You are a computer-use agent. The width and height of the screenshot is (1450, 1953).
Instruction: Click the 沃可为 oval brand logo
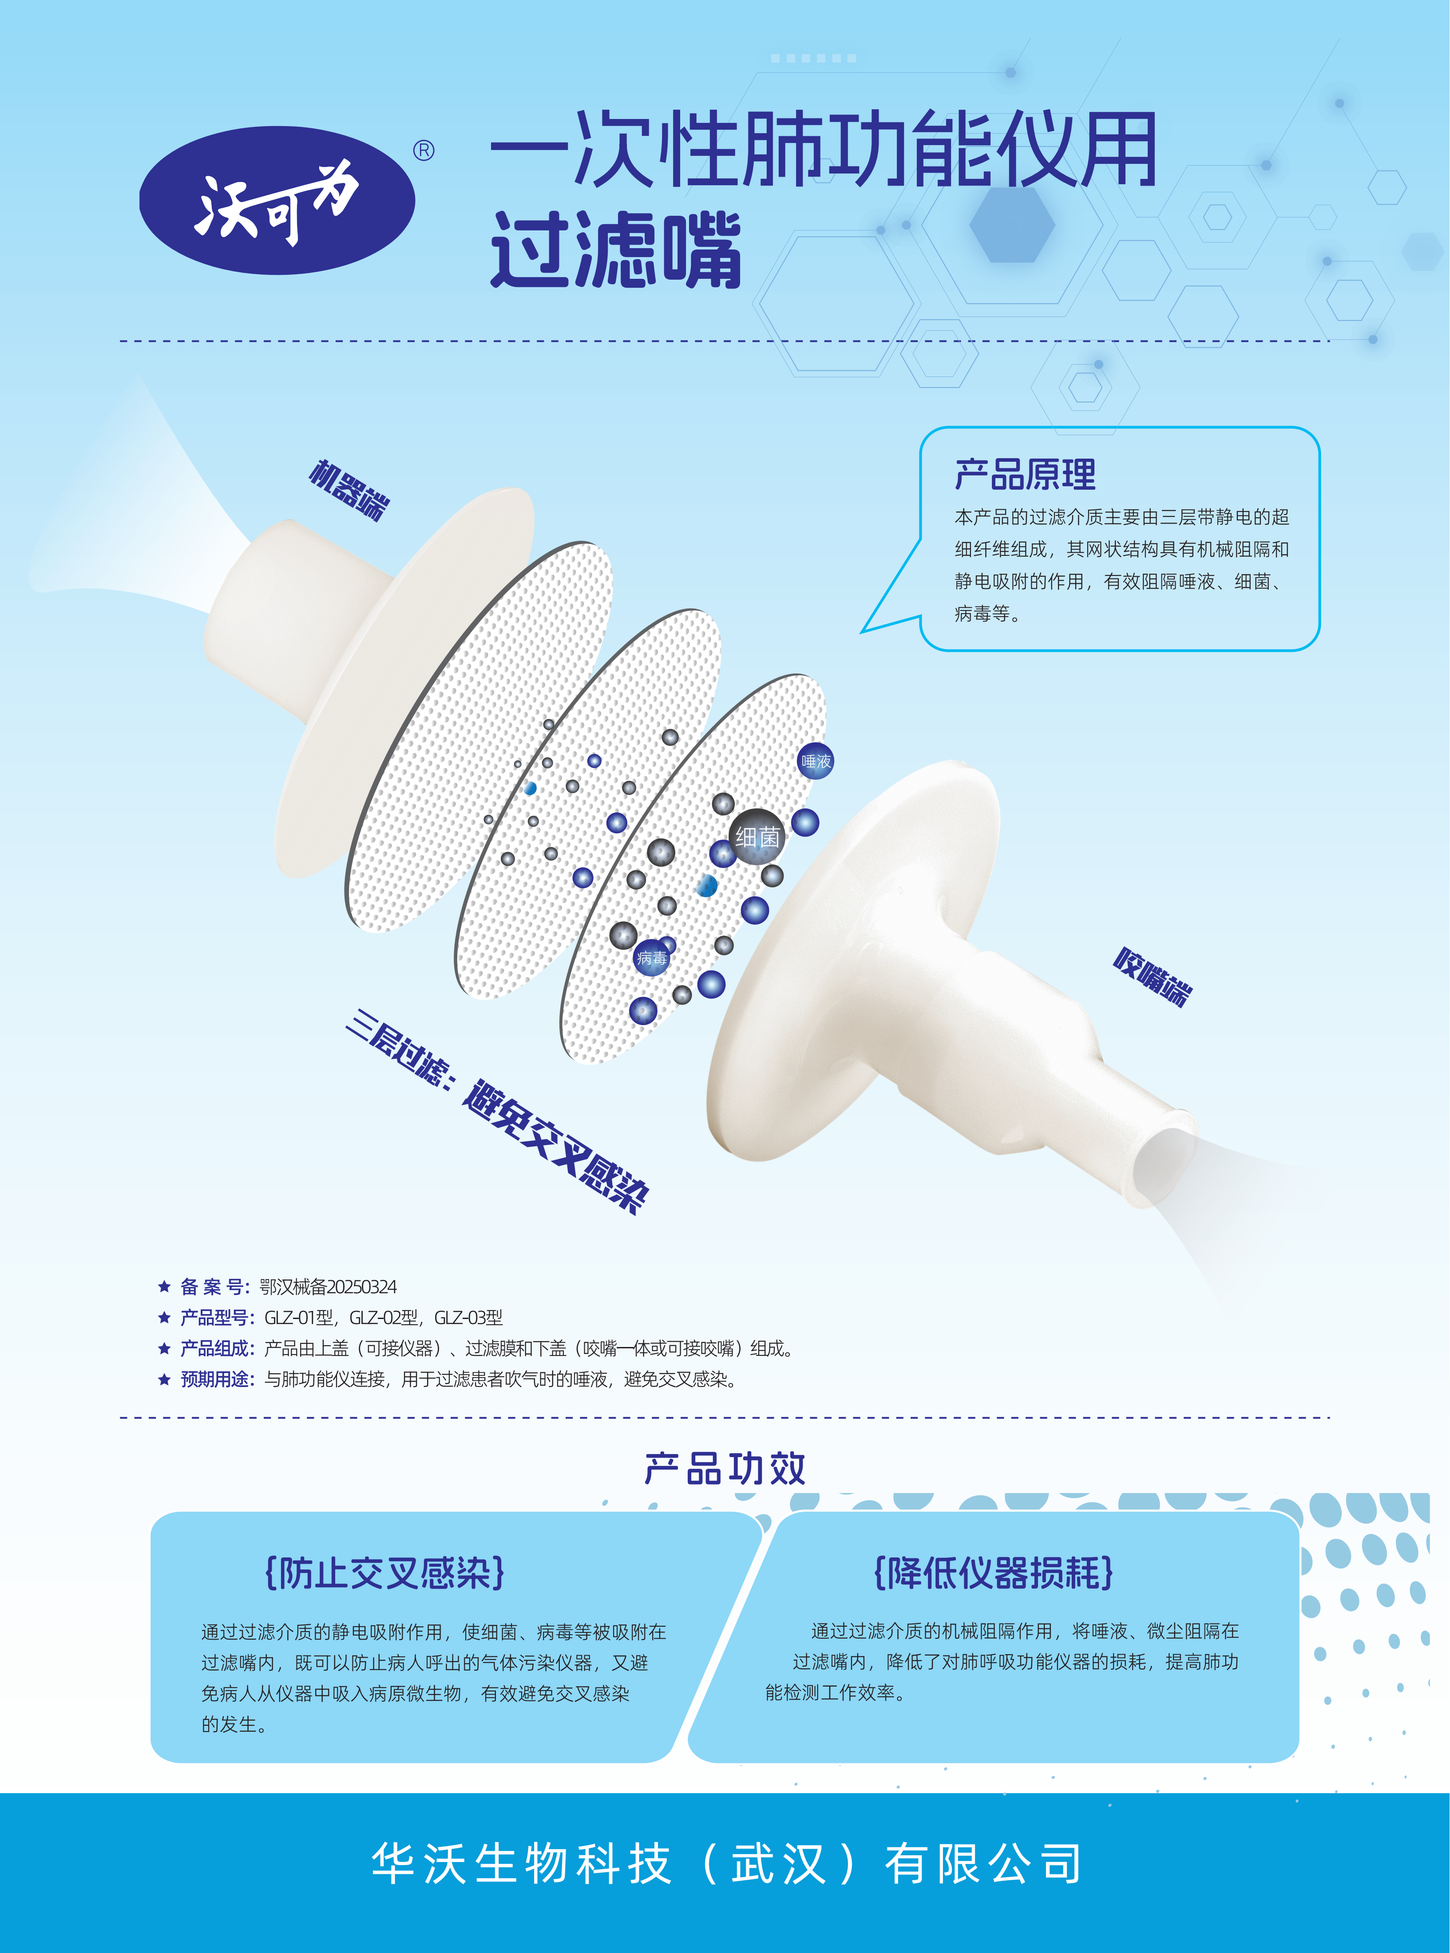(x=277, y=200)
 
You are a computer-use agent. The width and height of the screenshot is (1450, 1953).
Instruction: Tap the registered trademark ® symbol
(x=424, y=151)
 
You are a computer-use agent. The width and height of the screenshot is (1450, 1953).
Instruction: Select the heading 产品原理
(x=1025, y=475)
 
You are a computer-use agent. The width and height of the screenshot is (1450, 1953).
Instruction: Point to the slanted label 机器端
(x=349, y=490)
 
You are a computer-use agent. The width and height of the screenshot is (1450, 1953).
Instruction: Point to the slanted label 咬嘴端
(x=1153, y=976)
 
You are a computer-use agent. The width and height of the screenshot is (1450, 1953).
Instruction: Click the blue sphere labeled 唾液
(x=816, y=761)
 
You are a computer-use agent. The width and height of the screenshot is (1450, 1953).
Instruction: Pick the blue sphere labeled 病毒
(x=651, y=958)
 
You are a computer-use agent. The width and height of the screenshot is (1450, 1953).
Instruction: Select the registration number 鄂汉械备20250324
(x=328, y=1287)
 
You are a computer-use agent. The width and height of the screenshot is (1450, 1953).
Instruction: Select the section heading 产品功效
(x=725, y=1469)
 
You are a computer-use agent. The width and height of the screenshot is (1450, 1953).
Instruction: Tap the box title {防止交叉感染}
(x=384, y=1573)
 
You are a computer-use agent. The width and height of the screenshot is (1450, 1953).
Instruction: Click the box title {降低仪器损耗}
(x=994, y=1573)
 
